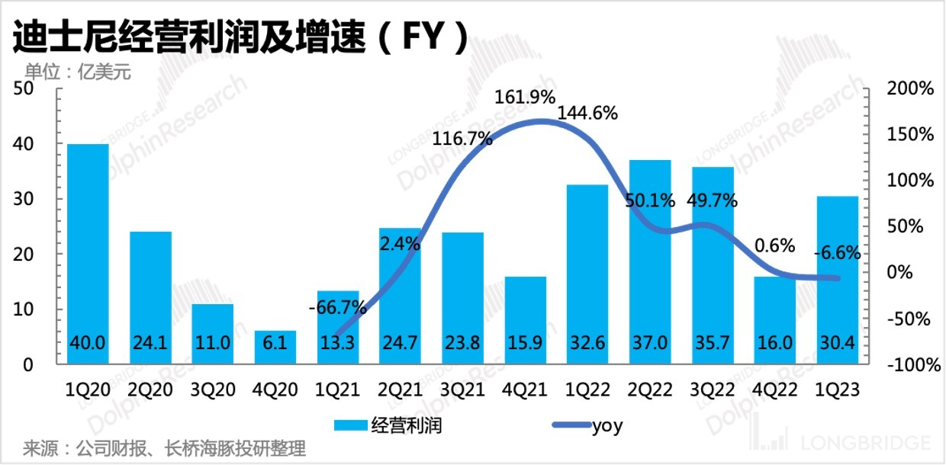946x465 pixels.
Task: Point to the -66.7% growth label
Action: pos(338,309)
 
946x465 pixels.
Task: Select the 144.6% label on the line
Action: pos(587,114)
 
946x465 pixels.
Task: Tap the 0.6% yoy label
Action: pos(774,245)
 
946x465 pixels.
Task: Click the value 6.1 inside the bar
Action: pos(275,344)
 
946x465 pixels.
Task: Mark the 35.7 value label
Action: pos(713,344)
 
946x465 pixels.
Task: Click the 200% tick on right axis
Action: pos(911,88)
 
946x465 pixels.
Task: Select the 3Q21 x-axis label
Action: pos(463,390)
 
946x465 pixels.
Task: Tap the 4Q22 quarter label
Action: pos(776,390)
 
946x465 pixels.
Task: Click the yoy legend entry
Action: pos(580,425)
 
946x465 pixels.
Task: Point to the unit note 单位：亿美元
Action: pos(79,73)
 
